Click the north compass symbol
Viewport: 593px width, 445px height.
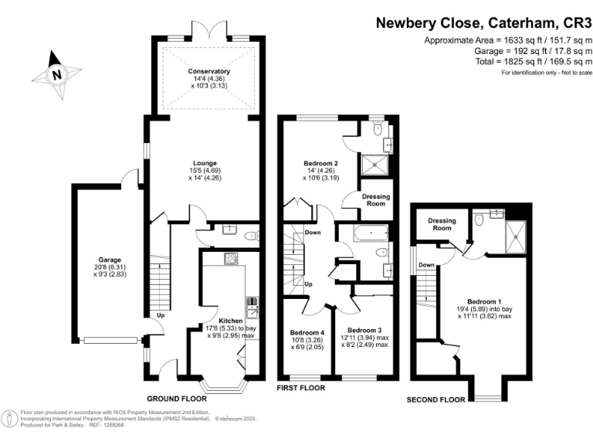coord(56,74)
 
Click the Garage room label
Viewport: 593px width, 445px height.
coord(110,260)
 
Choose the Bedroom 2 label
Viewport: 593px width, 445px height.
coord(320,164)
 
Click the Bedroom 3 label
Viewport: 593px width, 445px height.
coord(364,330)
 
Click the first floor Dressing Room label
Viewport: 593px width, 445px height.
coord(375,200)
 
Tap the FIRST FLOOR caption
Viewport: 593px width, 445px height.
coord(301,388)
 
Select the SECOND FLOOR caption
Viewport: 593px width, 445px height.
coord(436,400)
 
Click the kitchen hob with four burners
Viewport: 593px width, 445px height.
coord(230,259)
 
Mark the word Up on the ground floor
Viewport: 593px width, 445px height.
coord(161,315)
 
